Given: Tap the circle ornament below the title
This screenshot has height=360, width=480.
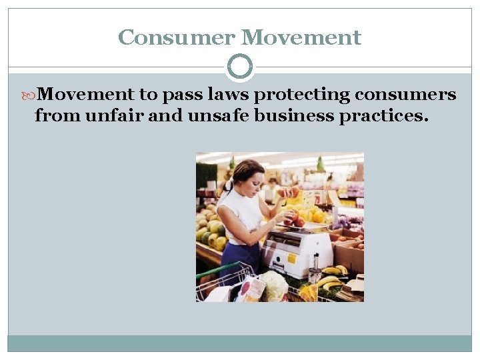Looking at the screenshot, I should [x=240, y=67].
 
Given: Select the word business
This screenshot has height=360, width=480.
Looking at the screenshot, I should [x=283, y=116].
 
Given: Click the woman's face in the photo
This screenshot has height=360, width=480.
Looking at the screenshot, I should [x=252, y=179].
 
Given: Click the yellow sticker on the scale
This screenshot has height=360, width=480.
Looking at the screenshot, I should [x=291, y=258].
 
